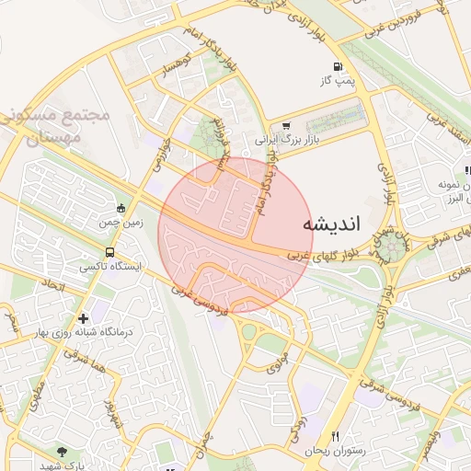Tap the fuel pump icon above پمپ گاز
[338, 67]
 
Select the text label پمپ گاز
[338, 83]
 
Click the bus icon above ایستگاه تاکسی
[110, 251]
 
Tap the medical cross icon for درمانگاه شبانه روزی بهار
[83, 317]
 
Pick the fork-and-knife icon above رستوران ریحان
[335, 436]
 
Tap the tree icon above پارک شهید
[62, 451]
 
